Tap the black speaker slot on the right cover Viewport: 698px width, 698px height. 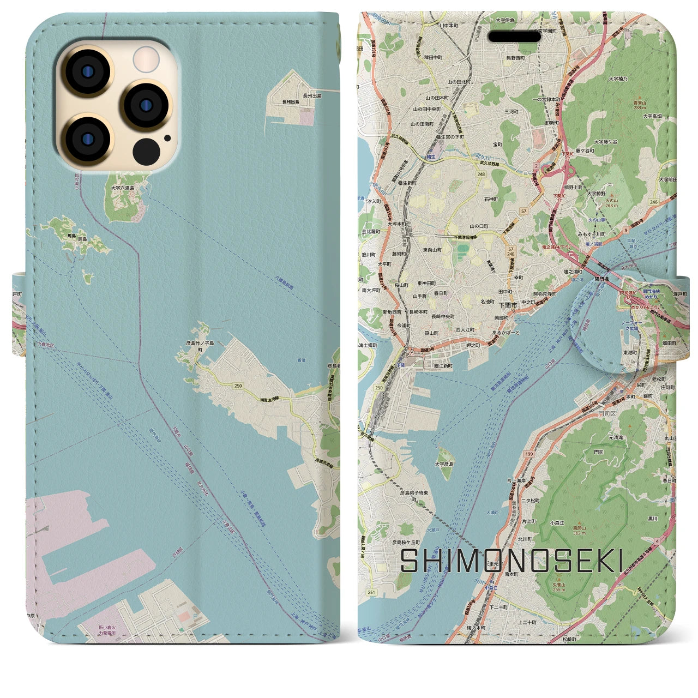coord(514,37)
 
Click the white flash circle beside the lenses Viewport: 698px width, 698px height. coord(146,58)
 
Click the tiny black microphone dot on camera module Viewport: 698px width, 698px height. coord(167,138)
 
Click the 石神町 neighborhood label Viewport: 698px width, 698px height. coord(491,200)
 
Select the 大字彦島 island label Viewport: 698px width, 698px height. coord(444,464)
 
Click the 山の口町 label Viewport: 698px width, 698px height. coord(479,226)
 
